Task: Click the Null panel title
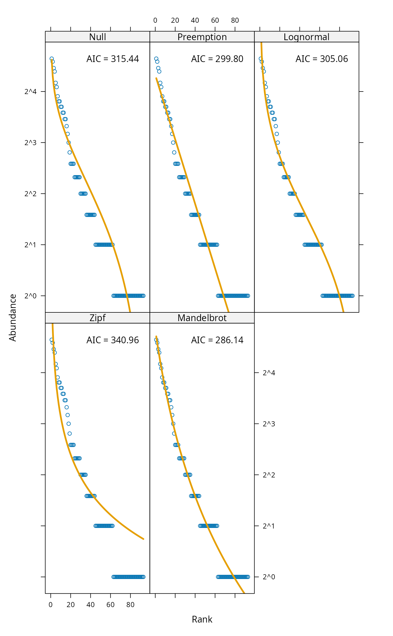point(97,37)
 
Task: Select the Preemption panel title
point(202,37)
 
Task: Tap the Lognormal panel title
point(306,37)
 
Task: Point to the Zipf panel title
point(97,318)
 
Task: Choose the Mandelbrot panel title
point(202,318)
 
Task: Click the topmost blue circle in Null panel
point(52,59)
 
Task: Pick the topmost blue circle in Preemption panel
point(156,59)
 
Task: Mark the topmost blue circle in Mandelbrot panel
point(156,340)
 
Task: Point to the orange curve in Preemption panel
point(196,208)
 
